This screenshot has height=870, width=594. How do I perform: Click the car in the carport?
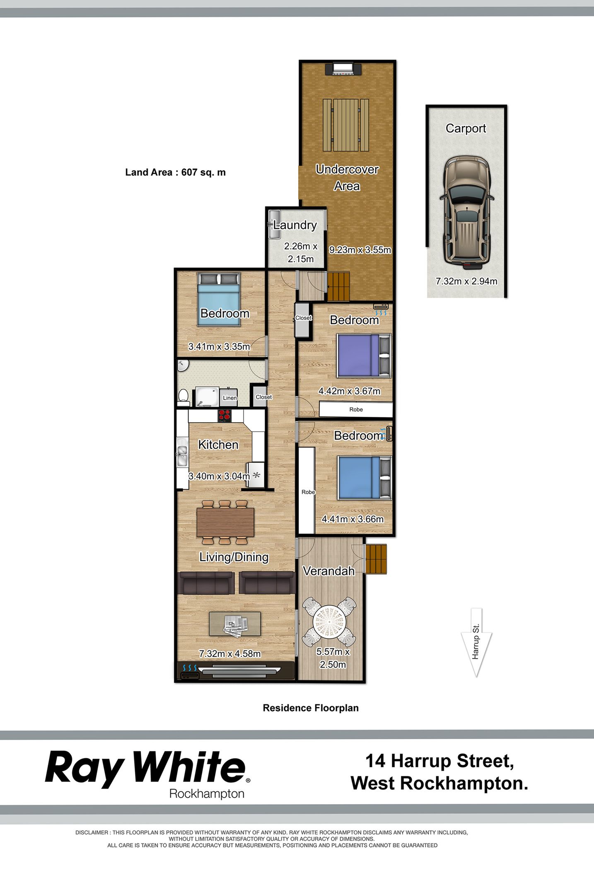(x=467, y=210)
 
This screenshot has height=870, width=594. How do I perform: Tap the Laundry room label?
(x=295, y=225)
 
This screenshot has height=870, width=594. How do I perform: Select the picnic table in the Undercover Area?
(x=346, y=126)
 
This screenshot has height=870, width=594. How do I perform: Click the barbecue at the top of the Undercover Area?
(x=343, y=69)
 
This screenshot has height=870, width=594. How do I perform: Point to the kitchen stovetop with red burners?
(x=225, y=415)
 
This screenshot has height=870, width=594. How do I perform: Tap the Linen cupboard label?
(x=230, y=398)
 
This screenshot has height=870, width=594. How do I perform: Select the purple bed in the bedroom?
(x=364, y=355)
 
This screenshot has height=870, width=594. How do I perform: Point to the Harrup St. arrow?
(x=476, y=642)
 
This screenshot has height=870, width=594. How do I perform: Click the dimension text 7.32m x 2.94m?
(x=466, y=281)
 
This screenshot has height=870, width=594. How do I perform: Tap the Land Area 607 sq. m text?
(x=176, y=172)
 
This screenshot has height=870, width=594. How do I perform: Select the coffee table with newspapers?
(x=235, y=623)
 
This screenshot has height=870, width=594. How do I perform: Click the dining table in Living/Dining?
(x=225, y=522)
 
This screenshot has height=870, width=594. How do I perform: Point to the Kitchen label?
(x=218, y=445)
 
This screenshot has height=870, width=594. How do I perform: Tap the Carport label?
(x=466, y=128)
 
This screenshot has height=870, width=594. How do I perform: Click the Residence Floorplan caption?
(x=311, y=708)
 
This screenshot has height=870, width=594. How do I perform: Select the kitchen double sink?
(x=182, y=456)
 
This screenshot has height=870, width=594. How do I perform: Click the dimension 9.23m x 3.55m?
(x=360, y=250)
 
